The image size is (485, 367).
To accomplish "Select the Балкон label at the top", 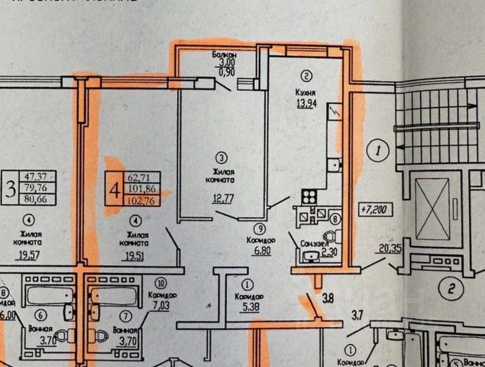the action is click(x=224, y=56).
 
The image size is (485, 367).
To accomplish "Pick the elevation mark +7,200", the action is click(x=373, y=207).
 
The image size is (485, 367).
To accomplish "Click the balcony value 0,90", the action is click(x=224, y=72).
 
